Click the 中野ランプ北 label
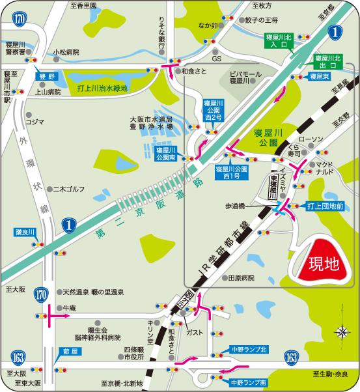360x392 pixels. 250,349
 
